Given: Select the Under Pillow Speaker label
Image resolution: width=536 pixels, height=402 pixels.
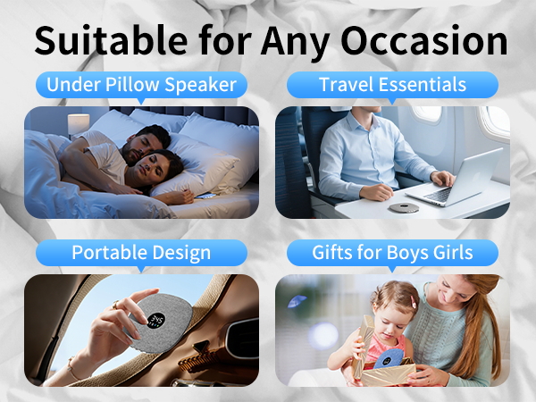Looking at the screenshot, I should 140,86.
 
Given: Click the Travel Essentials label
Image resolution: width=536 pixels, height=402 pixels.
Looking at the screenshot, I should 392,86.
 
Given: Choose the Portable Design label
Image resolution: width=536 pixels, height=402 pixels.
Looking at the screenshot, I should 140,253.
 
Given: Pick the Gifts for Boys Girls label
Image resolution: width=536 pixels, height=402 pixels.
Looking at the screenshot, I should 392,253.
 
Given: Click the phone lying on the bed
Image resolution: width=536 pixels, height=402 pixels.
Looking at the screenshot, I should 206,196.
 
